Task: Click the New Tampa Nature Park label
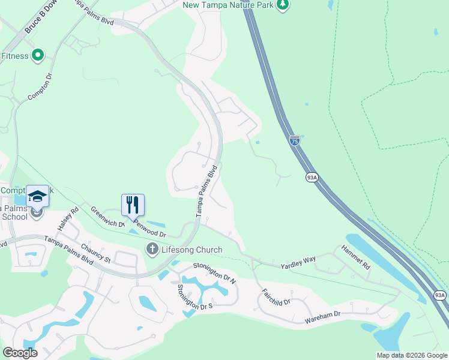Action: tap(228, 5)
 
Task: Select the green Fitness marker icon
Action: tap(38, 56)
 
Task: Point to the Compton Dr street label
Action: tap(40, 88)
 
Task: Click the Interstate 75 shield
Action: tap(294, 141)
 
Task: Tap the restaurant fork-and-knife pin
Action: tap(133, 205)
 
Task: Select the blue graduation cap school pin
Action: tap(37, 197)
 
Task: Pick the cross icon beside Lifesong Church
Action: tap(152, 249)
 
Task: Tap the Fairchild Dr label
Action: tap(276, 297)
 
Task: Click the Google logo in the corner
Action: tap(20, 353)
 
